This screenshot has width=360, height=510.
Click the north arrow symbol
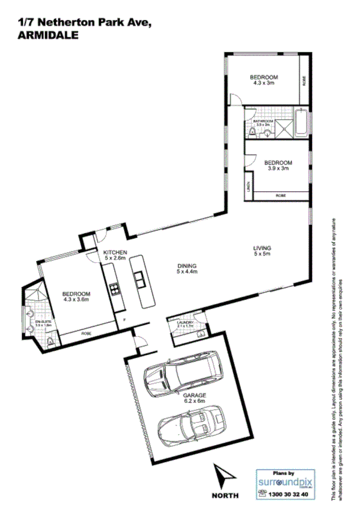226,476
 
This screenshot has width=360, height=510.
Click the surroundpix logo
287,482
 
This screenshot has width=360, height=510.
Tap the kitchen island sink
139,279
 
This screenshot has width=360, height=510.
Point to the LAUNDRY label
185,323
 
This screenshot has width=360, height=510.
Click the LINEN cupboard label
248,188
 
